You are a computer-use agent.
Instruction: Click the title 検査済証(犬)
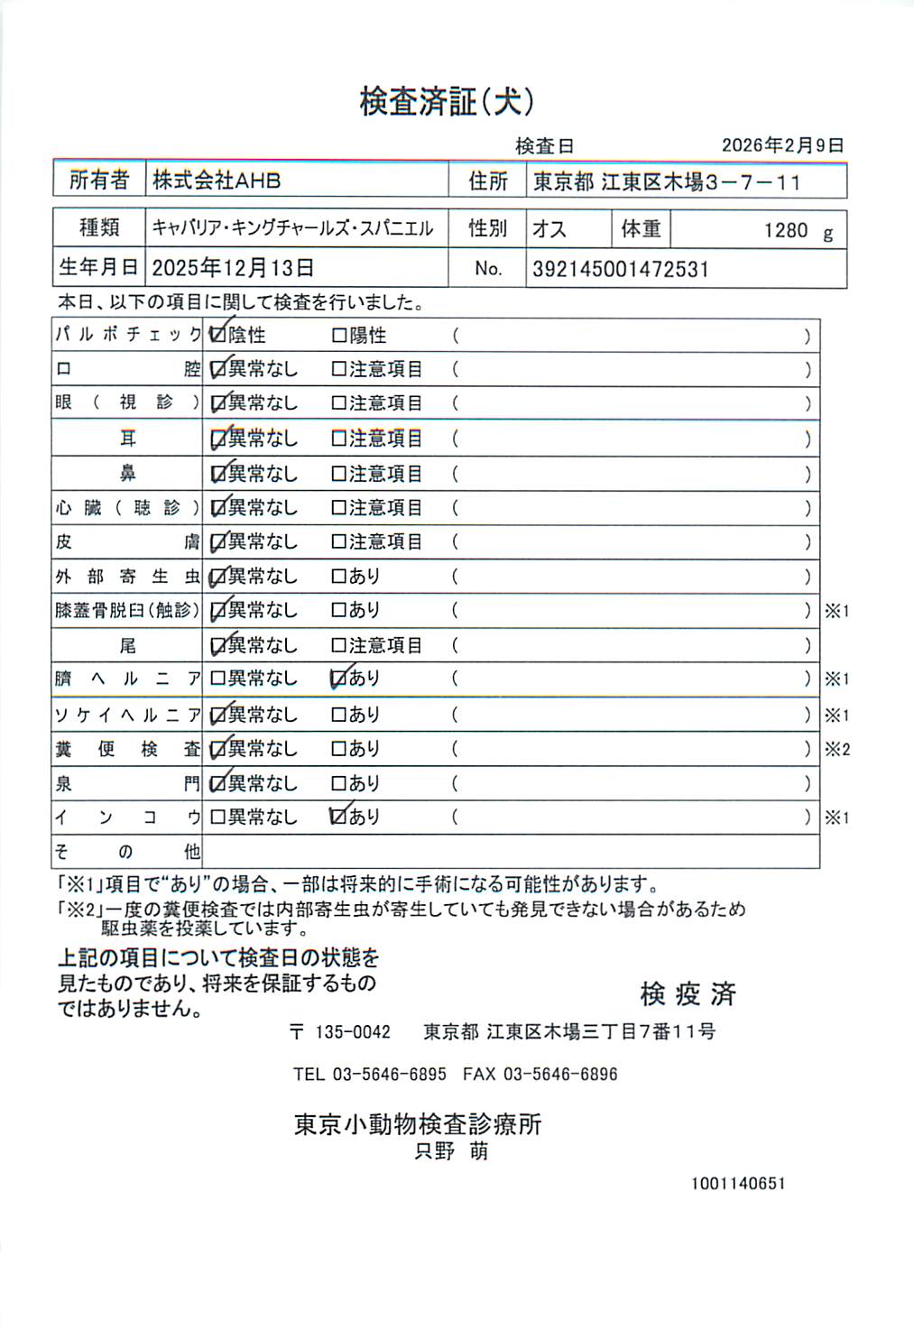(447, 101)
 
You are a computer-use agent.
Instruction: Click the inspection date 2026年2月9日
(782, 145)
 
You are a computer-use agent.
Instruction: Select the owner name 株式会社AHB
(217, 180)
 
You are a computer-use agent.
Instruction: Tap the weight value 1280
(786, 231)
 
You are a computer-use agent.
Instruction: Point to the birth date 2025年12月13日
(233, 268)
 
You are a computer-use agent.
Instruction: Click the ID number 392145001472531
(621, 269)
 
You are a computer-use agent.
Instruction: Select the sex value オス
(549, 229)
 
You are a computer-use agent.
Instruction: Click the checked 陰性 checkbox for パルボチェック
(217, 335)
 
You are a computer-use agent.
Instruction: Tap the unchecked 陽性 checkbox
(339, 336)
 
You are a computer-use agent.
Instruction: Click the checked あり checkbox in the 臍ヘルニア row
(339, 679)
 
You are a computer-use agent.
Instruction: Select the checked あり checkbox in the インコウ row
(339, 817)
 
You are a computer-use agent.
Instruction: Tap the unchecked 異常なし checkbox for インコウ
(217, 817)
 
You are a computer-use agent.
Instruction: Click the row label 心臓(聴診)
(127, 508)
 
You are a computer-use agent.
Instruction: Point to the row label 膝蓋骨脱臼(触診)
(127, 611)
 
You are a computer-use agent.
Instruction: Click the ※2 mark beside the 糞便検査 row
(837, 750)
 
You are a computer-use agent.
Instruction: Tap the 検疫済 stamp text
(688, 994)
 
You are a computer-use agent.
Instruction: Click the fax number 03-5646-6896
(560, 1075)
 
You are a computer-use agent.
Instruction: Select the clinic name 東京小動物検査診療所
(418, 1124)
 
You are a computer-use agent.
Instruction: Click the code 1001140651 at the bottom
(738, 1184)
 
